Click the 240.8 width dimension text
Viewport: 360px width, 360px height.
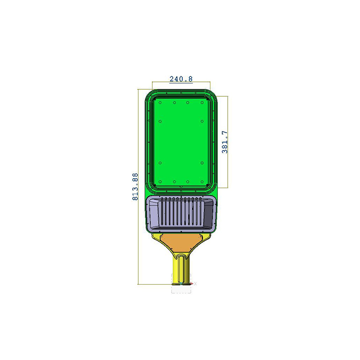click(x=181, y=79)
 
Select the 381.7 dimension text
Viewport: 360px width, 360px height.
click(x=225, y=142)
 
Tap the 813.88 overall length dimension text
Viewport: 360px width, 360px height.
click(x=135, y=187)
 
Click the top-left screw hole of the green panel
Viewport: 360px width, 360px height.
click(x=160, y=103)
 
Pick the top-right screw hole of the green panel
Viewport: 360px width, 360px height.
click(x=202, y=103)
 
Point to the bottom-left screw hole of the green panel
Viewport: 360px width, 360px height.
click(x=160, y=182)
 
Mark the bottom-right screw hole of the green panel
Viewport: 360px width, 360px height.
click(x=202, y=182)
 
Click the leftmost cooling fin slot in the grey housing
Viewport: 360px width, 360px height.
click(x=162, y=211)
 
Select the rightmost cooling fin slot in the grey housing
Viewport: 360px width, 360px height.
click(x=201, y=211)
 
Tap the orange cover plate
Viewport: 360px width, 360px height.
click(x=181, y=243)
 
